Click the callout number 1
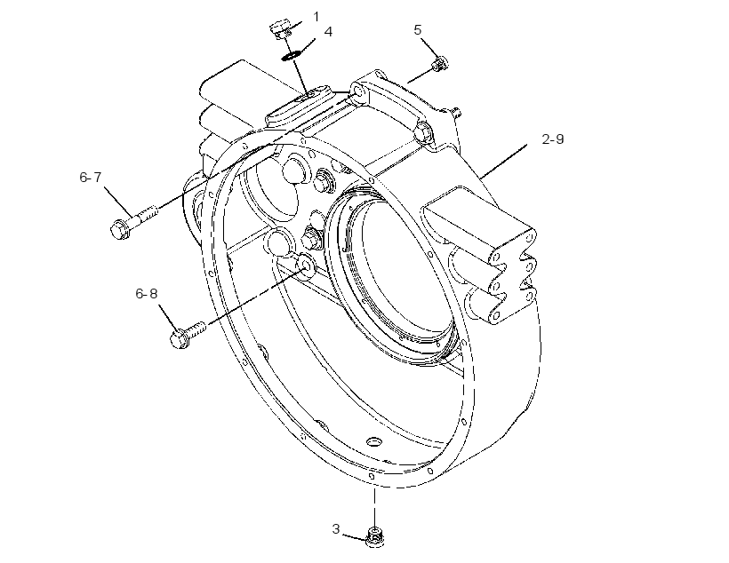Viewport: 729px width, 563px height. (316, 17)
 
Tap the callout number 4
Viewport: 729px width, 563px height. (328, 32)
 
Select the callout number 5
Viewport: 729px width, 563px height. (418, 29)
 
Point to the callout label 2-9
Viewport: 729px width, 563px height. (553, 139)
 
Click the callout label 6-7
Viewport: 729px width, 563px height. (90, 177)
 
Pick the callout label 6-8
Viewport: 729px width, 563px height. (147, 293)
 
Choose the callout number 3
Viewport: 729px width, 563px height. (336, 528)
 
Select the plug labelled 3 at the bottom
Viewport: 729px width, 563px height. (375, 537)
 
